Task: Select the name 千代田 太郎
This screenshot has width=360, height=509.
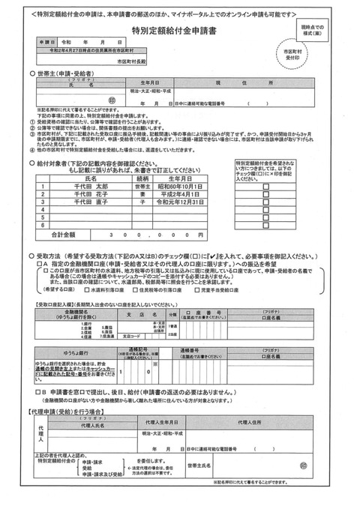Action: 92,186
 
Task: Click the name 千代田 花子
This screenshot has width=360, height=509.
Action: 92,193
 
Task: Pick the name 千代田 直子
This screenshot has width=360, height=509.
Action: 92,201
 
